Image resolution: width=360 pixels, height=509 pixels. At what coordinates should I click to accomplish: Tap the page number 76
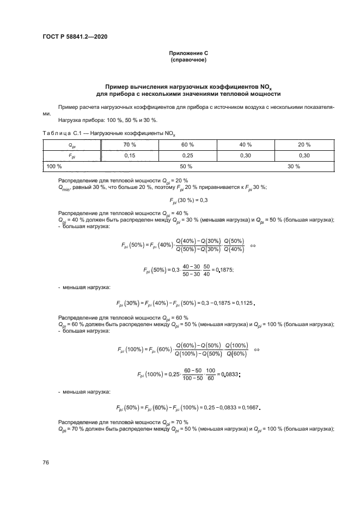tap(46, 462)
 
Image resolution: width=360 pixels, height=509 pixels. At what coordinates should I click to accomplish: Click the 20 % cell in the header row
tap(304, 144)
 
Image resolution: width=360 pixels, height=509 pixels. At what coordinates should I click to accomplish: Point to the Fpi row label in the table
tap(71, 155)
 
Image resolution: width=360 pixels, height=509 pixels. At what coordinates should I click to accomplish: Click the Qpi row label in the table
tap(71, 144)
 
